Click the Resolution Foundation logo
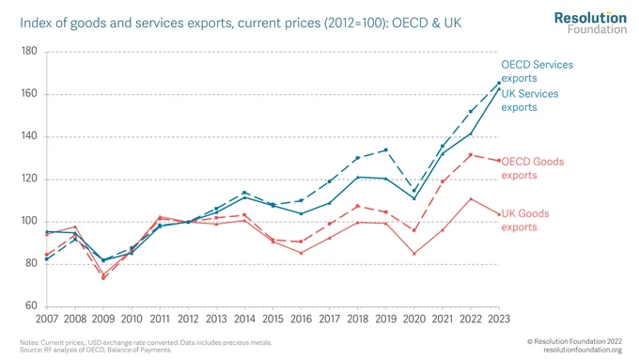[x=590, y=23]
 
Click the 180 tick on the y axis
[x=28, y=51]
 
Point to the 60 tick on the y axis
[x=31, y=305]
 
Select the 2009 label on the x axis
[x=103, y=319]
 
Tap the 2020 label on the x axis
[x=414, y=319]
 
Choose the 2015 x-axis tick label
[x=273, y=319]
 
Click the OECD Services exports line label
[x=537, y=71]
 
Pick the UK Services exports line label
[x=530, y=101]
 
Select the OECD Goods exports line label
[x=532, y=168]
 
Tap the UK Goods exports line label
[x=525, y=220]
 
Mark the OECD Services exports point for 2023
[x=499, y=83]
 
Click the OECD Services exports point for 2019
[x=386, y=150]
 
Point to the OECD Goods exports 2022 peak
[x=471, y=155]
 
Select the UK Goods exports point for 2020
[x=414, y=254]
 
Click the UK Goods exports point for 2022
[x=471, y=199]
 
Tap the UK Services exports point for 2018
[x=358, y=177]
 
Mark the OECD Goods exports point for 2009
[x=103, y=278]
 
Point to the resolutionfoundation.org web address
[x=583, y=350]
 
